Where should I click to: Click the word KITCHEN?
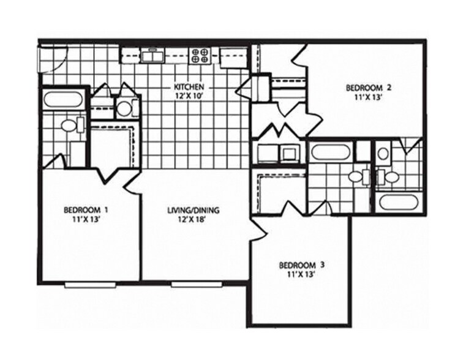(x=188, y=87)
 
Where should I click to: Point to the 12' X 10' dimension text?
(x=188, y=96)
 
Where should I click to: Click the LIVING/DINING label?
(x=193, y=211)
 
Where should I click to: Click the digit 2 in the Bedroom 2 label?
(x=388, y=87)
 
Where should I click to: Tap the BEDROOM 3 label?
(x=301, y=265)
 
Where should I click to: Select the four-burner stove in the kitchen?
(x=200, y=56)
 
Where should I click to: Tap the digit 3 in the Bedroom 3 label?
(x=322, y=265)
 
